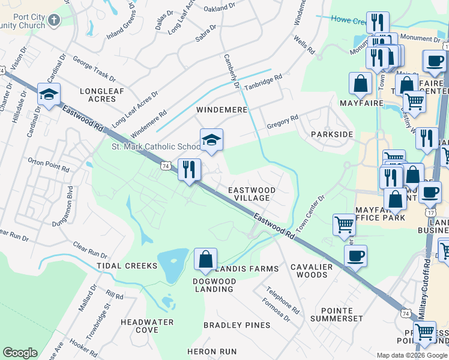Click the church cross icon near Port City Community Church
tap(54, 21)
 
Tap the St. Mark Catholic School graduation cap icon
tap(211, 140)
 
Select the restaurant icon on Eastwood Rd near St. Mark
tap(190, 169)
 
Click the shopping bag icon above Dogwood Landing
tap(205, 259)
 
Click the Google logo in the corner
tap(20, 353)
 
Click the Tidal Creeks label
tap(132, 266)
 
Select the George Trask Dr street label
tap(94, 68)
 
